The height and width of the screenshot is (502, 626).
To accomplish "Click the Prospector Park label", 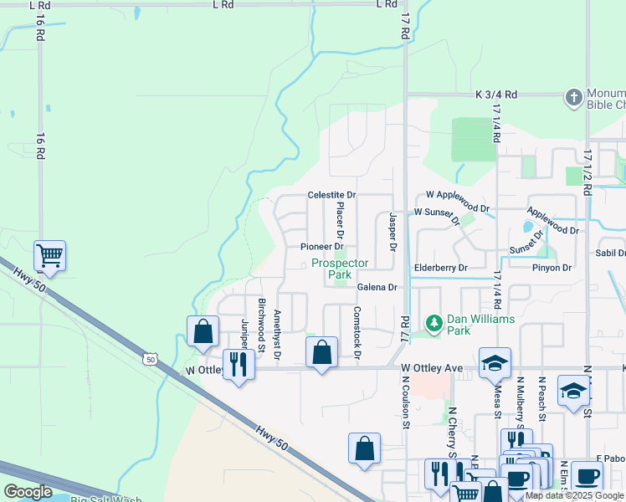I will click(340, 269).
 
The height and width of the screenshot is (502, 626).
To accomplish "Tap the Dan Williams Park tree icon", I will click(434, 322).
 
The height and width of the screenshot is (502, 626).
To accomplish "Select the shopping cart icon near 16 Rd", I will click(49, 254).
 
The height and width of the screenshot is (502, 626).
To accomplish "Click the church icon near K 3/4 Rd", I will click(573, 97).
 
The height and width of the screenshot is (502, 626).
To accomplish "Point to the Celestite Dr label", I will click(331, 195).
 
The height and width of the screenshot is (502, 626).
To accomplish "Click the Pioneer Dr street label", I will click(322, 247).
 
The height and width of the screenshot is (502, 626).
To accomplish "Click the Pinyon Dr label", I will click(551, 268).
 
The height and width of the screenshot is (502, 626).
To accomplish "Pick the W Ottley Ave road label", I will click(431, 368).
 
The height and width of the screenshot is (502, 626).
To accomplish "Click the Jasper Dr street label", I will click(392, 232).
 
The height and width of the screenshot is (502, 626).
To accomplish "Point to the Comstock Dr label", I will click(357, 333).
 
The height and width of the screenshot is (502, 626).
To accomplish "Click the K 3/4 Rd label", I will click(497, 95).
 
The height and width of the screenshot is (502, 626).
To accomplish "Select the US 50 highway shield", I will click(150, 359).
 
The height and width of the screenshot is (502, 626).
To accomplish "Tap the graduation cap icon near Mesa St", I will click(495, 362).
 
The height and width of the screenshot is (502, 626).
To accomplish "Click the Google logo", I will click(28, 492).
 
